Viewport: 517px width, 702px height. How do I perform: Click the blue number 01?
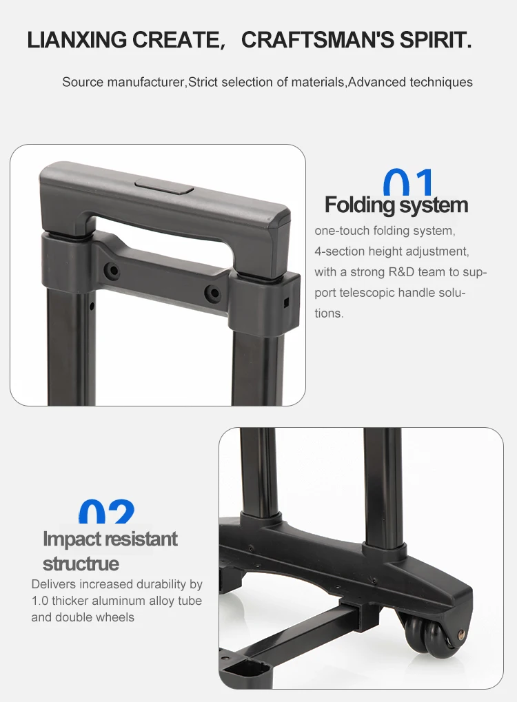409,184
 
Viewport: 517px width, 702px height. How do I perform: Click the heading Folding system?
396,205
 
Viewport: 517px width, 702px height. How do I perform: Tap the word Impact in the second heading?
72,539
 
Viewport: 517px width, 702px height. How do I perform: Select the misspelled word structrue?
81,564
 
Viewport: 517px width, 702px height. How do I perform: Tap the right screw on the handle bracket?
214,293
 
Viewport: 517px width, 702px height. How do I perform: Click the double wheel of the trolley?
426,634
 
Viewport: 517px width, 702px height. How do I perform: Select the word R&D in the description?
385,272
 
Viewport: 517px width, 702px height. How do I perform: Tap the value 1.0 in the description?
41,601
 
